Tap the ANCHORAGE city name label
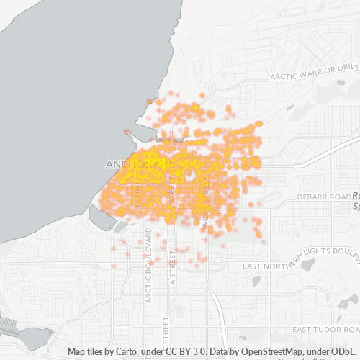click(137, 164)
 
